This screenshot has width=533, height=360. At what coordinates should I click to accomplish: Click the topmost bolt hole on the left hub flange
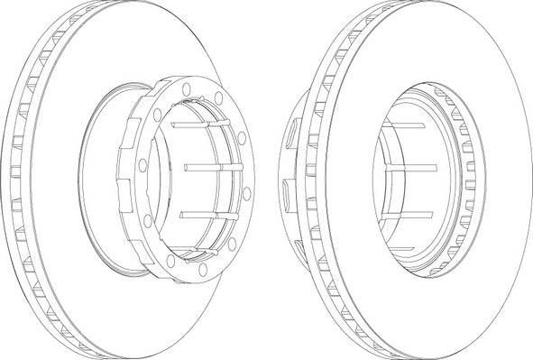coord(186,88)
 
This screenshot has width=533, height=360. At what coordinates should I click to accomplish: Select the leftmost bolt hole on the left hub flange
coord(142,164)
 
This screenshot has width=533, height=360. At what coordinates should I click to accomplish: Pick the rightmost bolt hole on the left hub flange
coord(247,192)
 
